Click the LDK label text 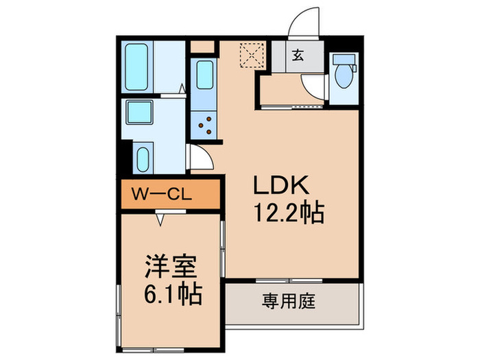point(283,185)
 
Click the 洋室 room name point(171,265)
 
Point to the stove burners point(204,124)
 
